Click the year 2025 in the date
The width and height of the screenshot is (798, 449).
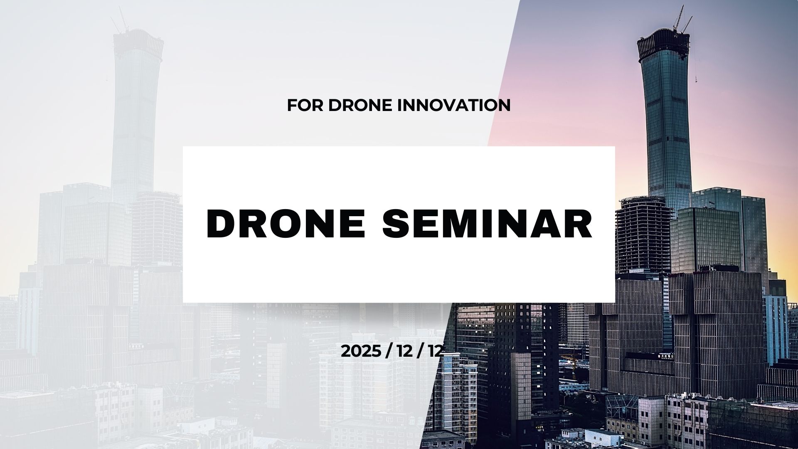click(361, 351)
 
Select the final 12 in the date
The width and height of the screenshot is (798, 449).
click(435, 351)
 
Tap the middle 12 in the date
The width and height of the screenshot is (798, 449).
click(404, 351)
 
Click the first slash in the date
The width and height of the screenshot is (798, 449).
click(389, 351)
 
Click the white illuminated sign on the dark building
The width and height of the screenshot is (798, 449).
click(666, 356)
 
